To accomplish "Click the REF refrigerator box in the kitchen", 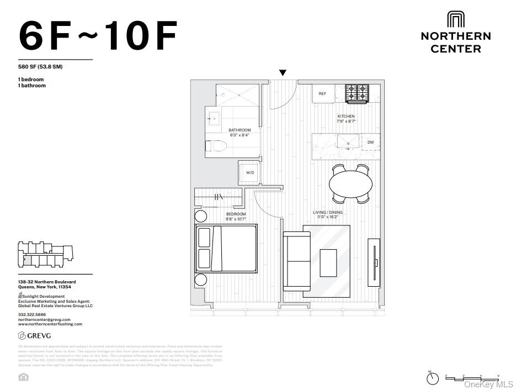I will (x=323, y=93).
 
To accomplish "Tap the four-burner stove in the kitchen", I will (x=357, y=93).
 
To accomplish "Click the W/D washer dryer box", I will (x=250, y=172).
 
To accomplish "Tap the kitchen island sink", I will (x=348, y=141).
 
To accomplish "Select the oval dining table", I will (x=350, y=183).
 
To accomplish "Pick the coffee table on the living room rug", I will (x=328, y=262).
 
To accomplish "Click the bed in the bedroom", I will (x=226, y=249).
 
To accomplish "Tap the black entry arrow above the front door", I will (x=283, y=73).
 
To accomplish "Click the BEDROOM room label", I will (x=236, y=214).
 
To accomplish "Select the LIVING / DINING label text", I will (x=328, y=212).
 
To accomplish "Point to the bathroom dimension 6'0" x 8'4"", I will (x=240, y=135).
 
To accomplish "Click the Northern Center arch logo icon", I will (x=455, y=19).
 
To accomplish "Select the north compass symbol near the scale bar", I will (x=433, y=378).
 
